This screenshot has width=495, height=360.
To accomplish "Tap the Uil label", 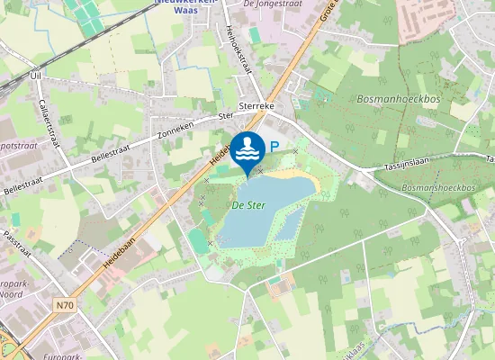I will pos(37,76).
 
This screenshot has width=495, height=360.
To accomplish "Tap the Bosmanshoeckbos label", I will pos(438,187).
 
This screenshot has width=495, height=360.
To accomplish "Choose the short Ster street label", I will pos(226,116).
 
